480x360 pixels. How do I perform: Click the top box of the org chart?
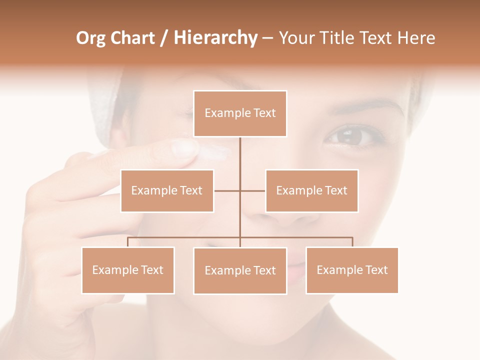click(240, 113)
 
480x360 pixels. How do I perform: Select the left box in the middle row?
click(167, 190)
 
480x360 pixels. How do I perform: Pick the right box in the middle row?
click(311, 190)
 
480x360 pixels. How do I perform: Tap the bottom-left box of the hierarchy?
click(128, 270)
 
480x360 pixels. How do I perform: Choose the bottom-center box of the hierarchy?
click(240, 270)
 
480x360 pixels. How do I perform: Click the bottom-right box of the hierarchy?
click(352, 270)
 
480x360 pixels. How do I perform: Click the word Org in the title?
click(90, 38)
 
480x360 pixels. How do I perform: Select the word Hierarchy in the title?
click(215, 38)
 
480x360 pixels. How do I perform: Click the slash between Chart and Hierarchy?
click(164, 38)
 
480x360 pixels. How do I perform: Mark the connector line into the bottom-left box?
click(128, 242)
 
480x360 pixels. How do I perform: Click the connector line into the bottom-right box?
click(352, 242)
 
